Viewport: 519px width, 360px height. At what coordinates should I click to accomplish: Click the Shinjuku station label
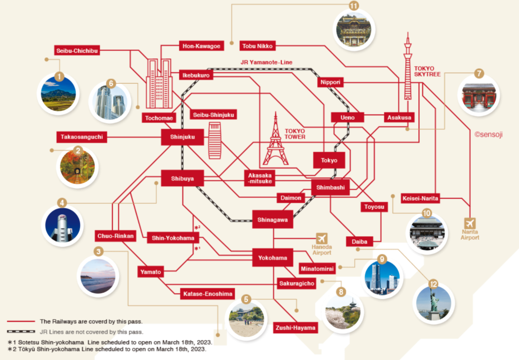(x=182, y=137)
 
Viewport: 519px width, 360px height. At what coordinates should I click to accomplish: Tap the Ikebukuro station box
(x=195, y=75)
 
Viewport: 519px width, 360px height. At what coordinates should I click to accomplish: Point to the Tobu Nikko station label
(x=257, y=46)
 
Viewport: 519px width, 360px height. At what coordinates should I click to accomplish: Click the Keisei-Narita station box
(x=420, y=198)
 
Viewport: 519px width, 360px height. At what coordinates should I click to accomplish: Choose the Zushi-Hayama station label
(x=295, y=328)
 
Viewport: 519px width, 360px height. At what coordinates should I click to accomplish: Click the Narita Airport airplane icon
(x=471, y=223)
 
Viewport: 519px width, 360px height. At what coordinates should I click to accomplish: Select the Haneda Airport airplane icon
(x=322, y=238)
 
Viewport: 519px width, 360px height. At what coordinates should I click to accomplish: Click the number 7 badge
(x=479, y=74)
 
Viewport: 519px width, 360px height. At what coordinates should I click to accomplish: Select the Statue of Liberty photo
(x=433, y=303)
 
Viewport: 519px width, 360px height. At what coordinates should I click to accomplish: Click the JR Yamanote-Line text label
(x=267, y=62)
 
